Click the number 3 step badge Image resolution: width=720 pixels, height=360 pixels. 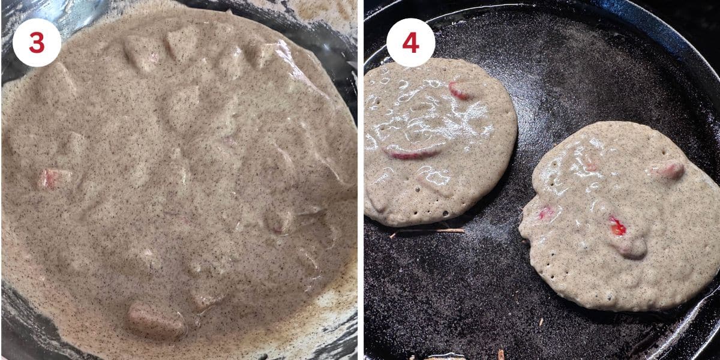(37, 43)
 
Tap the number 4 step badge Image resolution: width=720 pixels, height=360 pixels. (410, 43)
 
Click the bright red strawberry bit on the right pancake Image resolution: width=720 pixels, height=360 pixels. (617, 226)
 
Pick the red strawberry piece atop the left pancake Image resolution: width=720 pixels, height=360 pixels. (460, 91)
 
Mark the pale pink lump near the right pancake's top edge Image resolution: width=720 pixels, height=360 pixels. (670, 170)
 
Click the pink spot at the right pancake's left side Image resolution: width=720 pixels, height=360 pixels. (546, 212)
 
